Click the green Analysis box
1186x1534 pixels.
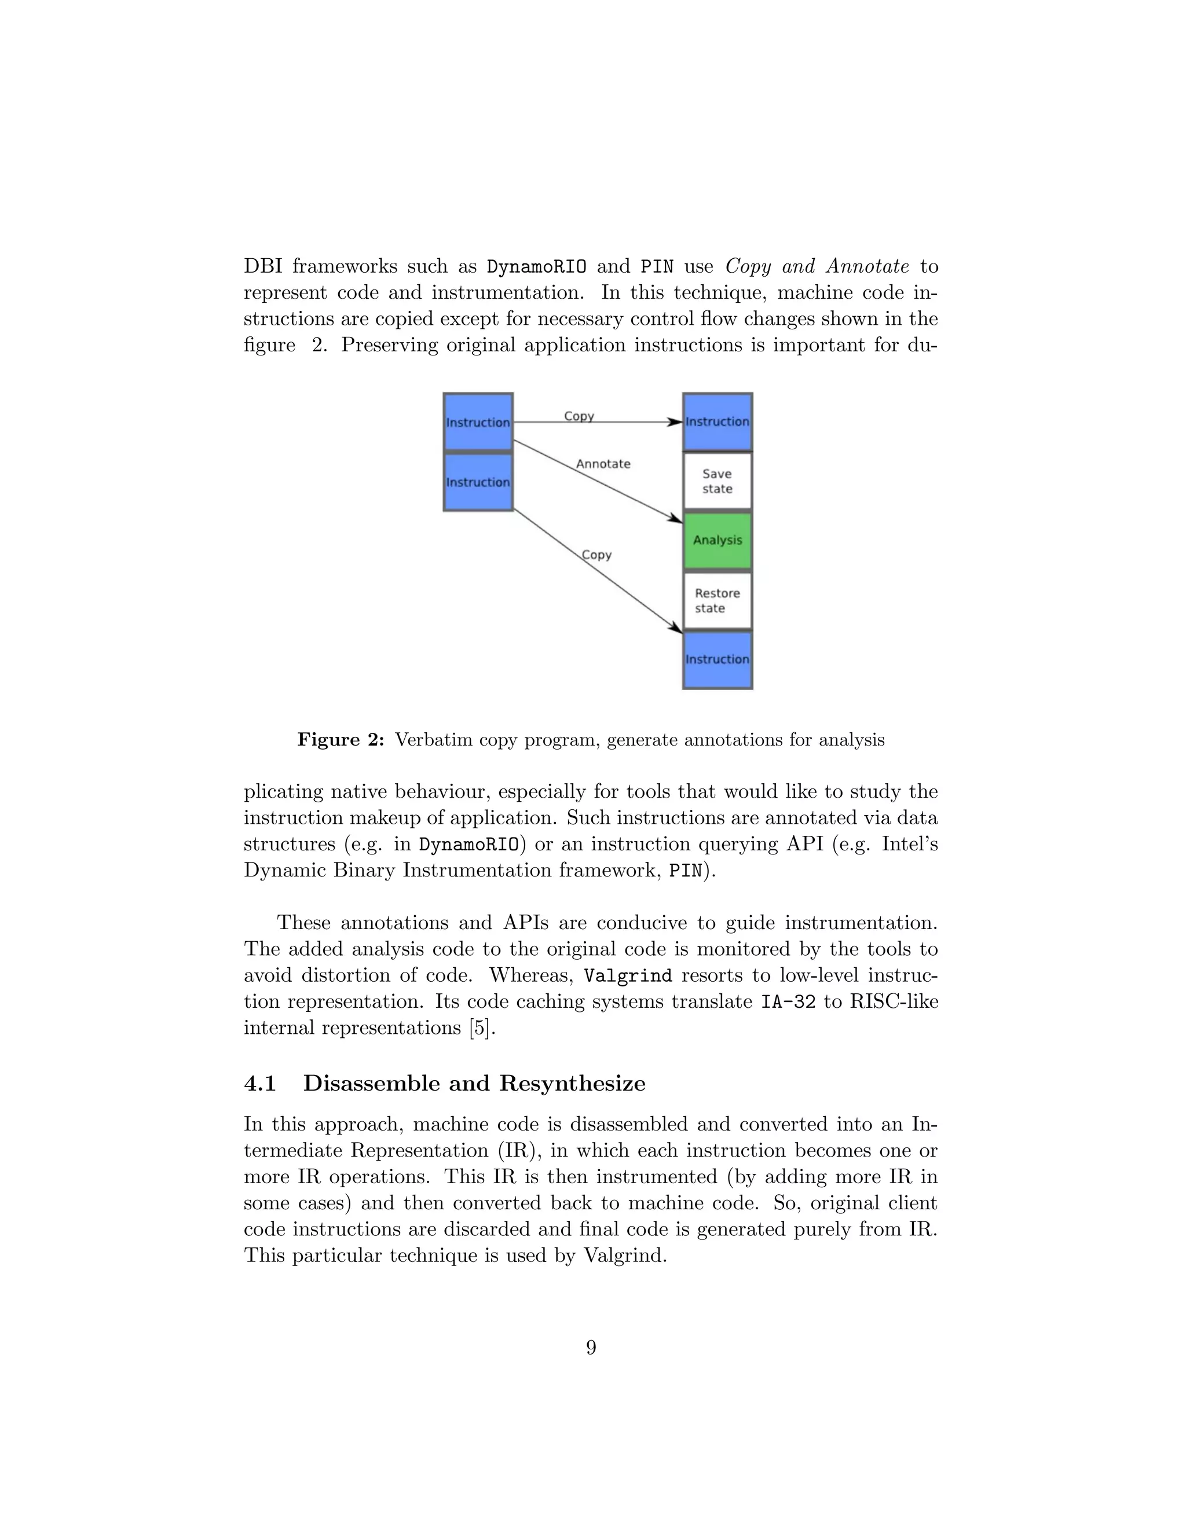click(x=718, y=540)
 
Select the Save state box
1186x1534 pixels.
click(x=718, y=481)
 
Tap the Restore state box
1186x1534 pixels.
click(x=718, y=600)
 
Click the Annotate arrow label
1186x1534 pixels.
click(x=603, y=464)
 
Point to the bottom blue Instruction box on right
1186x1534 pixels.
click(x=718, y=659)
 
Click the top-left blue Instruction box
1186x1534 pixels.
click(x=478, y=422)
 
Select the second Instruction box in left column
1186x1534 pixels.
click(x=478, y=482)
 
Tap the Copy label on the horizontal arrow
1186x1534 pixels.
click(x=579, y=416)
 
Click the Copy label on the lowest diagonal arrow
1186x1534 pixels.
click(x=596, y=555)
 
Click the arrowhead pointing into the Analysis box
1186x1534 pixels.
click(x=675, y=520)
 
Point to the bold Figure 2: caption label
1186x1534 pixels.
click(x=341, y=740)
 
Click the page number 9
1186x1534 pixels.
click(x=591, y=1347)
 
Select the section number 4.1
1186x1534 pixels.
click(x=260, y=1084)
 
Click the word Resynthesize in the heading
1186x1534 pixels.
click(x=572, y=1084)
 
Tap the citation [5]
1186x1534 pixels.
click(x=481, y=1028)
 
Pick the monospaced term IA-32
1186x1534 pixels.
click(x=788, y=1002)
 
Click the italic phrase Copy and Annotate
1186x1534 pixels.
click(x=817, y=267)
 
